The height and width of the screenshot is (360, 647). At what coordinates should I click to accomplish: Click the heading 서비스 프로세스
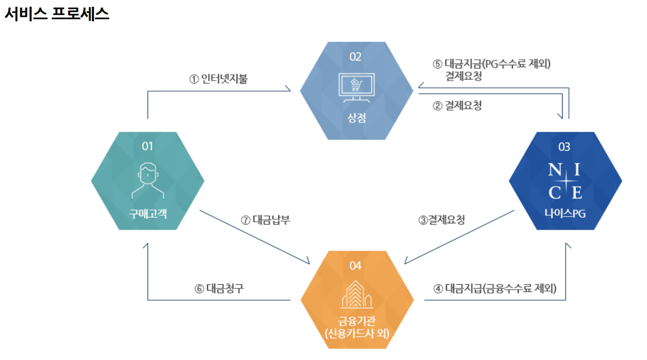(x=57, y=14)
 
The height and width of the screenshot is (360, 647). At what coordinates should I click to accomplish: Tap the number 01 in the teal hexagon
(x=147, y=146)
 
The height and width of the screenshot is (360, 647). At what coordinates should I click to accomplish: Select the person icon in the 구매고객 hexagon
(x=148, y=180)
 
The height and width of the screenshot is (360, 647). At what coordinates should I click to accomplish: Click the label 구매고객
(x=148, y=214)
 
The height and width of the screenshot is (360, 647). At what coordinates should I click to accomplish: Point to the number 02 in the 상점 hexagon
(x=355, y=57)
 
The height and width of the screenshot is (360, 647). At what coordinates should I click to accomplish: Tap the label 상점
(x=357, y=118)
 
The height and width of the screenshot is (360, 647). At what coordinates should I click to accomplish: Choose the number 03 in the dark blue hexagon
(x=564, y=147)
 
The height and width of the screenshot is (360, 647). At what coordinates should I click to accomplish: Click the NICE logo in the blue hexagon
(x=565, y=181)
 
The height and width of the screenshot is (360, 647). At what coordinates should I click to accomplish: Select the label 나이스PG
(x=565, y=213)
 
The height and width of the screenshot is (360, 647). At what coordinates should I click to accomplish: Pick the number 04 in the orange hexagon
(x=355, y=266)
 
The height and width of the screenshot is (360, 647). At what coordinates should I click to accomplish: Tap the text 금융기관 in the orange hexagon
(x=357, y=321)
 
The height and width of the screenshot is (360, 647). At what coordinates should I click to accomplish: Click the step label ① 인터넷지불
(x=219, y=79)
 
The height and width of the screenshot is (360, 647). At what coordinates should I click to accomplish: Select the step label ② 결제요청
(x=457, y=105)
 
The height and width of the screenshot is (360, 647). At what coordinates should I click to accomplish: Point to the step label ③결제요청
(x=442, y=220)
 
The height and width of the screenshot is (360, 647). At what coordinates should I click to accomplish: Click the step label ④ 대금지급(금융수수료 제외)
(x=495, y=289)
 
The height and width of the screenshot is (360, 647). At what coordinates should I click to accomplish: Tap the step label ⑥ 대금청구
(x=219, y=289)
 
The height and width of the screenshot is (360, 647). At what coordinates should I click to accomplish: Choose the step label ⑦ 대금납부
(x=265, y=220)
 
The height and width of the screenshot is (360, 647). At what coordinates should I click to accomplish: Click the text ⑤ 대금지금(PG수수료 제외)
(x=492, y=64)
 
